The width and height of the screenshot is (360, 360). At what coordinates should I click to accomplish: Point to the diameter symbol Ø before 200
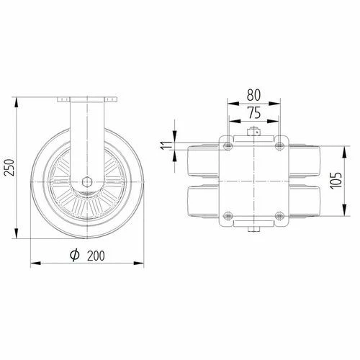tap(74, 254)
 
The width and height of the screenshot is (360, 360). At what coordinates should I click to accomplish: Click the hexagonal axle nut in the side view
tap(86, 182)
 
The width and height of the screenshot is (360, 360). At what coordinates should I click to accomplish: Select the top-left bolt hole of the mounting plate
tap(228, 147)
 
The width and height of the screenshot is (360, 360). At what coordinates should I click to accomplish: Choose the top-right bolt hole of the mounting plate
tap(279, 147)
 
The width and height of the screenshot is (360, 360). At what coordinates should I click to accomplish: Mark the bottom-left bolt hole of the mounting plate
tap(228, 215)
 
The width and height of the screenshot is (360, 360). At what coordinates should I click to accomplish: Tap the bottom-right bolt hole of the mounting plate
tap(279, 215)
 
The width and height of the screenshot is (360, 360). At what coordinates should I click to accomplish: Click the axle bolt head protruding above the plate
tap(253, 132)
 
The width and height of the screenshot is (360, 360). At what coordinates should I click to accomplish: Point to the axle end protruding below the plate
tap(253, 230)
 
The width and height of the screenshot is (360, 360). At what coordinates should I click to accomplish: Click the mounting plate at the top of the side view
tap(86, 98)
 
